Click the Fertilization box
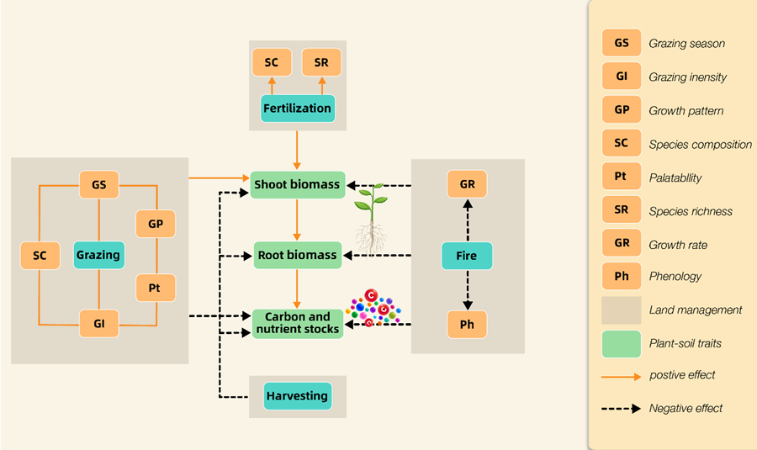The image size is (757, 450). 297,109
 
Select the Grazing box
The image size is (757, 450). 98,255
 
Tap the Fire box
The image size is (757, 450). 467,256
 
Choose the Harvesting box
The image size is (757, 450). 297,396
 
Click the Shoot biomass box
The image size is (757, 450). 298,184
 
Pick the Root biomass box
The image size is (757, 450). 298,255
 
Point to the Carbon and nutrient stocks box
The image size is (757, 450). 298,324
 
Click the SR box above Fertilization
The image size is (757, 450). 320,63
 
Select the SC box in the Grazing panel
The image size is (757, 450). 40,256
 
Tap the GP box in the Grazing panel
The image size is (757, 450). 155,225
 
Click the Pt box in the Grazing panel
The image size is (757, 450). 155,289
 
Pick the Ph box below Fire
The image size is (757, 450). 467,324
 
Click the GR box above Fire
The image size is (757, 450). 467,184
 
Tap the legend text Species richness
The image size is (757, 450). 690,211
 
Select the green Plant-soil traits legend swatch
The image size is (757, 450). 621,343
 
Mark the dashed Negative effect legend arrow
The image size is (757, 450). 621,409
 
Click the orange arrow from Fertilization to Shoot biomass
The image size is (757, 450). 297,147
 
